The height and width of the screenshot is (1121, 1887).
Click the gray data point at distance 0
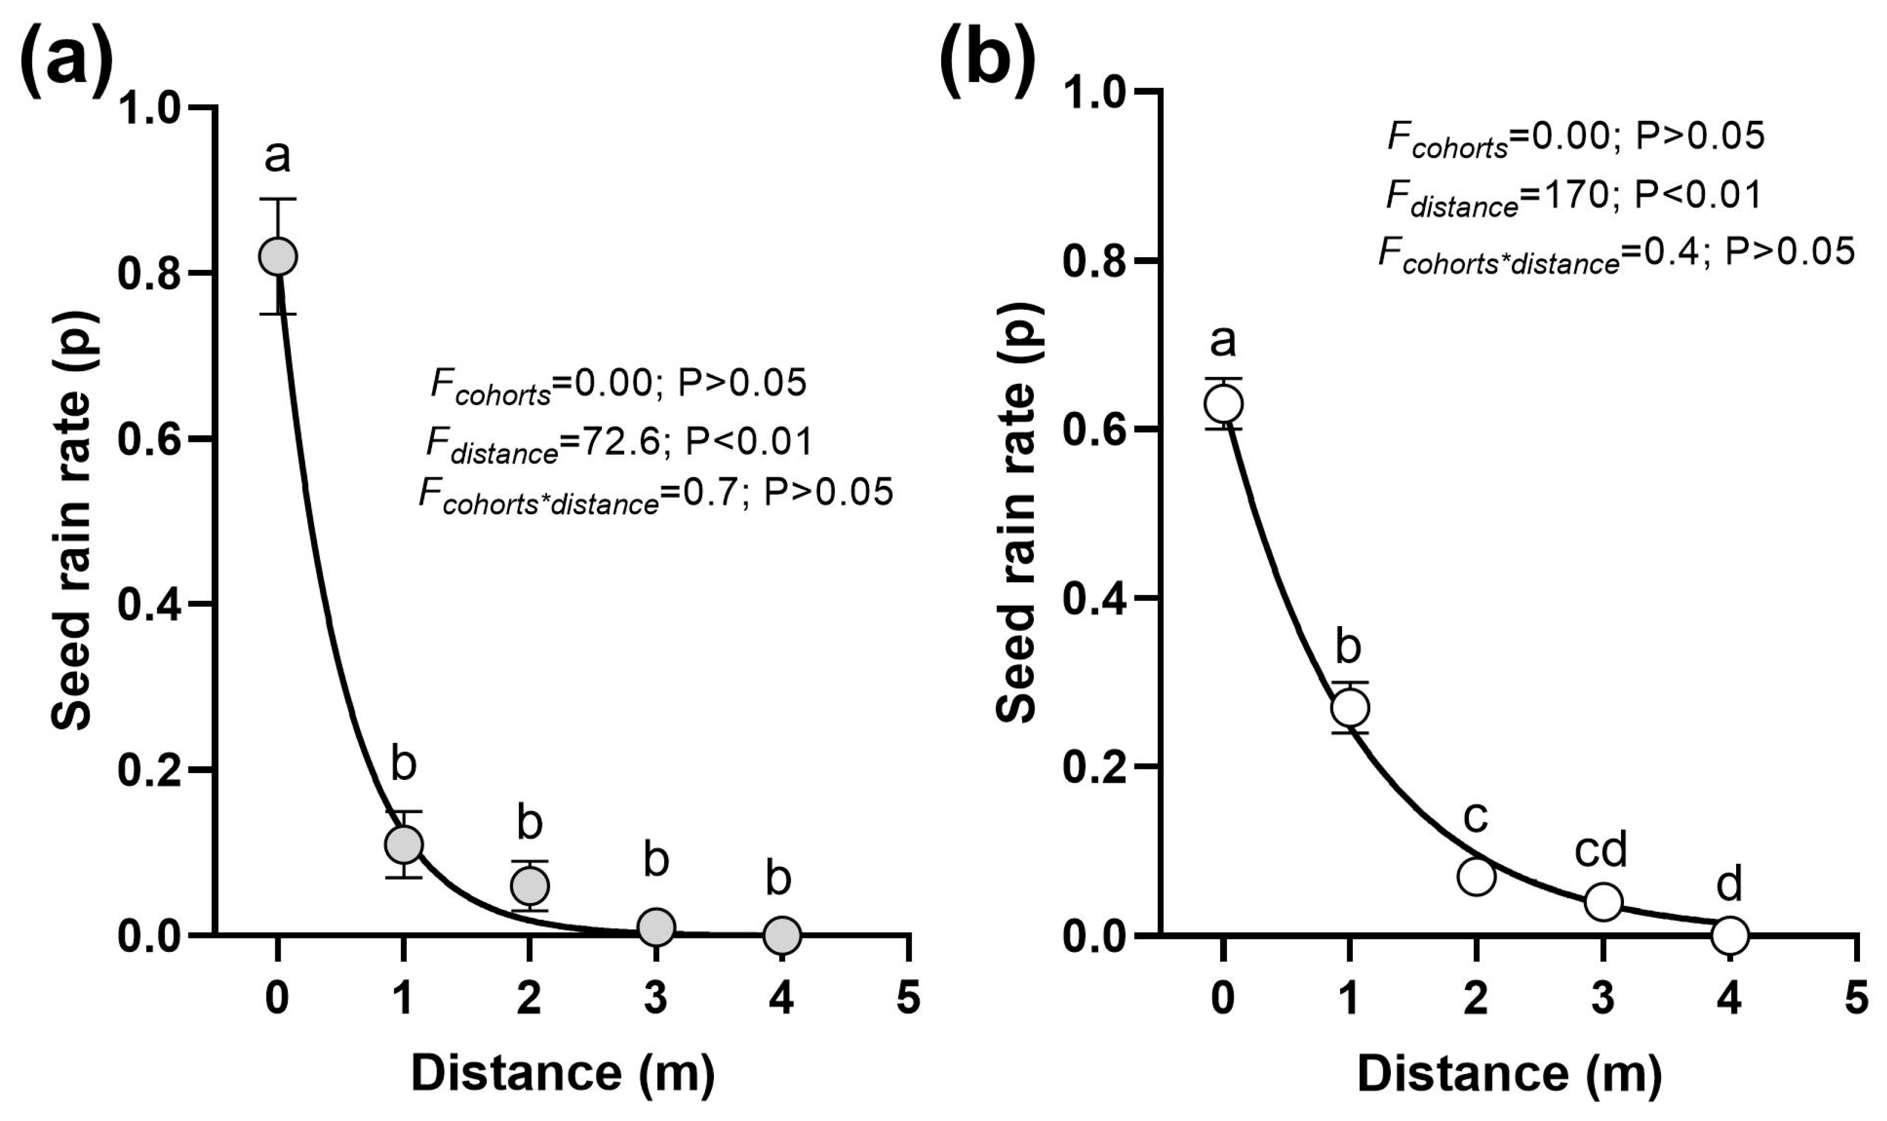278,256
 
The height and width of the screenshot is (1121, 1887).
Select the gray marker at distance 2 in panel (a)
530,885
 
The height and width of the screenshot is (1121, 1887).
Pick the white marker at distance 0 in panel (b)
1223,403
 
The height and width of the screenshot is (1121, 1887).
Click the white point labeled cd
1603,901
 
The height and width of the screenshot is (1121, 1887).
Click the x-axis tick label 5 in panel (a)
909,997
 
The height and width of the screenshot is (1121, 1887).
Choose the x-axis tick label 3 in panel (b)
1603,997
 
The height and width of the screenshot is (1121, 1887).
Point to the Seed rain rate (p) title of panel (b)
1017,514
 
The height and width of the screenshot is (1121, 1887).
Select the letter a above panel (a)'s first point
277,157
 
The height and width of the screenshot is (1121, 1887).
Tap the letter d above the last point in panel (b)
1729,884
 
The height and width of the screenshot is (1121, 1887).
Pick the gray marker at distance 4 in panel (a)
782,935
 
